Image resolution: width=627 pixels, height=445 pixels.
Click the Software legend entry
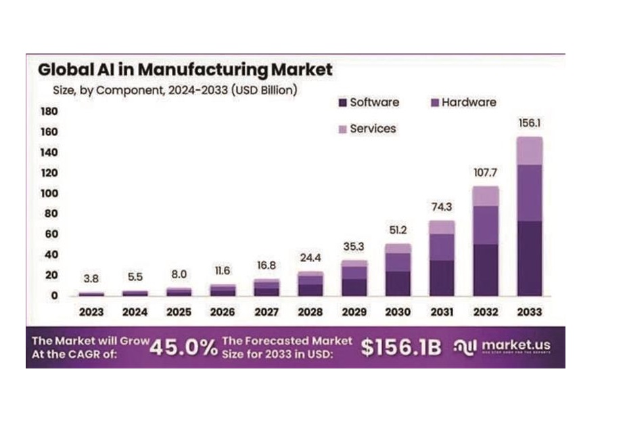368,102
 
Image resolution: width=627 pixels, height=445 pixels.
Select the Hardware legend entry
463,102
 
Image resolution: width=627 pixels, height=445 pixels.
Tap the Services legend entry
367,128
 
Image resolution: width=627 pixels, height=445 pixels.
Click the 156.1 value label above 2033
529,124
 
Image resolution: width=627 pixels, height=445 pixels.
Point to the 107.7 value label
485,172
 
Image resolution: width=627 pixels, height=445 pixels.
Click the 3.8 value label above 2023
91,278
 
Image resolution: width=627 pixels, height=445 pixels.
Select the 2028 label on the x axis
310,312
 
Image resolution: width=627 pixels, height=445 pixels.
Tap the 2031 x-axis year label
442,312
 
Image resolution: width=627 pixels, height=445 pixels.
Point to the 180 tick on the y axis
51,110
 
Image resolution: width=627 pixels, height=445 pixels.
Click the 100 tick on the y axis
51,193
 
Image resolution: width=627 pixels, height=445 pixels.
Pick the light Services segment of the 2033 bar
529,150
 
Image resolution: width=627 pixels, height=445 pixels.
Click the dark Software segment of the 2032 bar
485,270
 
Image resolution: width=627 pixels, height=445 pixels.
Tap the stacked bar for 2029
354,278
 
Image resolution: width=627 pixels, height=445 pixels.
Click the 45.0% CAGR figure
183,347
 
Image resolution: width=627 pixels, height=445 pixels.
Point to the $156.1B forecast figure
400,347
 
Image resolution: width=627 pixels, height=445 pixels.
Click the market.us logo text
515,345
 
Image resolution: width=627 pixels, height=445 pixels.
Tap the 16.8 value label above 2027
266,266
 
